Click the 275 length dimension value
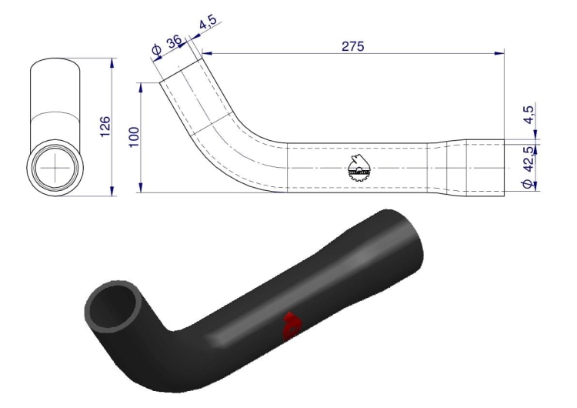[x=353, y=46]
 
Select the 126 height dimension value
[x=105, y=126]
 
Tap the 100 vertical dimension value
[x=135, y=136]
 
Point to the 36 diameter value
[x=174, y=42]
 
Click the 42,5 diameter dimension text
[x=529, y=159]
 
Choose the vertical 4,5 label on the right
[x=528, y=115]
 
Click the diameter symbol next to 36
[x=156, y=51]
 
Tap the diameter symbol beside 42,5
[x=527, y=183]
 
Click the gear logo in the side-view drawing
[x=359, y=169]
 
